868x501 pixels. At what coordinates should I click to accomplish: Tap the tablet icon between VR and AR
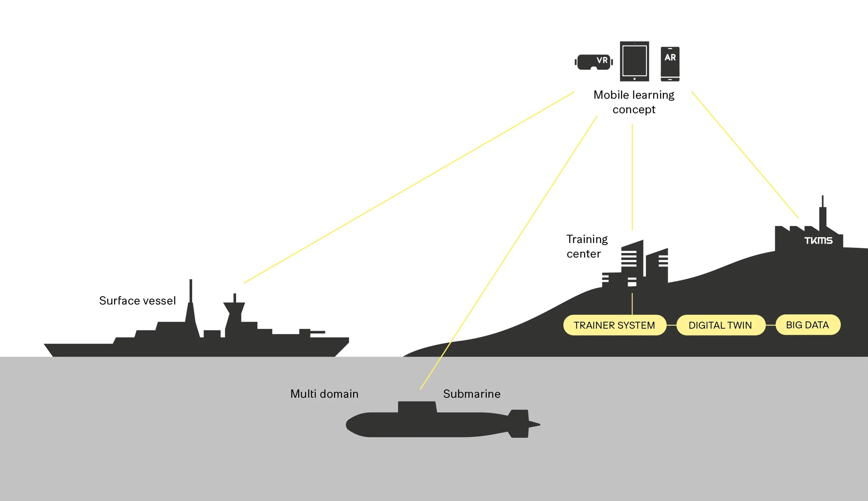(x=634, y=61)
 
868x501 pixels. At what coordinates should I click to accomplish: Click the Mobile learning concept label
(x=634, y=102)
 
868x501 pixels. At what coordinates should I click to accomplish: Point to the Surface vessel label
(x=137, y=301)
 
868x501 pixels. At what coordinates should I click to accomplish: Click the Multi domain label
(x=324, y=394)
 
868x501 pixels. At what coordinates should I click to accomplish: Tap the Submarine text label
(x=471, y=394)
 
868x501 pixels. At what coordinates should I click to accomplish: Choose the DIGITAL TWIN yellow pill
(x=721, y=325)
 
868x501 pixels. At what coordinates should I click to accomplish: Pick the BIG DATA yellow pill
(x=808, y=325)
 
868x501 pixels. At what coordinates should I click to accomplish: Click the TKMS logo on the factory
(x=818, y=240)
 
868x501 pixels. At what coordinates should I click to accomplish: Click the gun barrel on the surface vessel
(x=317, y=332)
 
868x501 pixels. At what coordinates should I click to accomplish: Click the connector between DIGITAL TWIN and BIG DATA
(x=771, y=325)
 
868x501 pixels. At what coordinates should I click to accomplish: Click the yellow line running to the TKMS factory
(x=745, y=155)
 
